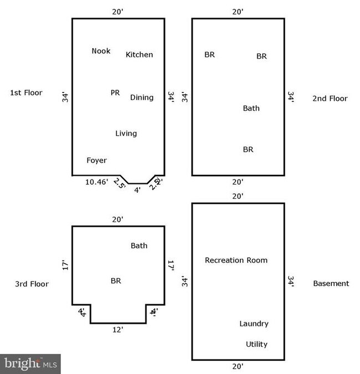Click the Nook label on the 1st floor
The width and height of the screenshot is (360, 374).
point(101,51)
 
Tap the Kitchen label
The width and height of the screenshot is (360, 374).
point(139,54)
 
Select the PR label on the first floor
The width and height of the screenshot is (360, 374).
point(115,93)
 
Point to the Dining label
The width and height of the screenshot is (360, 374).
point(142,98)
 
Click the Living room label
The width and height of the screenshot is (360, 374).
point(126,134)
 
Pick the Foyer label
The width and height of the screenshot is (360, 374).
point(96,161)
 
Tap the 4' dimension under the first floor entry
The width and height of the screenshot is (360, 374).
point(137,189)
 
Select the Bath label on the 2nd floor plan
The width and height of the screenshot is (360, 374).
point(251,108)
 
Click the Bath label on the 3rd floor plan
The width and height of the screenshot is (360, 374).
point(139,245)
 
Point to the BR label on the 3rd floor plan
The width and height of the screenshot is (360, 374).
point(116,281)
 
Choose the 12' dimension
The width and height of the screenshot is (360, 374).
point(117,329)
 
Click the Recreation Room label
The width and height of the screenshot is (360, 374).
point(236,260)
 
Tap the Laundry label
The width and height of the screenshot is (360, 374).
point(254,324)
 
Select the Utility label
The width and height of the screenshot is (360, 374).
point(256,344)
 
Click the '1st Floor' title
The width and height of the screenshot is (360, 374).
point(26,93)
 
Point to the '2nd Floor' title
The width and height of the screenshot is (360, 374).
point(330,99)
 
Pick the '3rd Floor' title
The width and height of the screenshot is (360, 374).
point(32,284)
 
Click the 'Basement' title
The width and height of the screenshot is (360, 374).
point(331,283)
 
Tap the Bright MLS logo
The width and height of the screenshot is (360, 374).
point(30,364)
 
